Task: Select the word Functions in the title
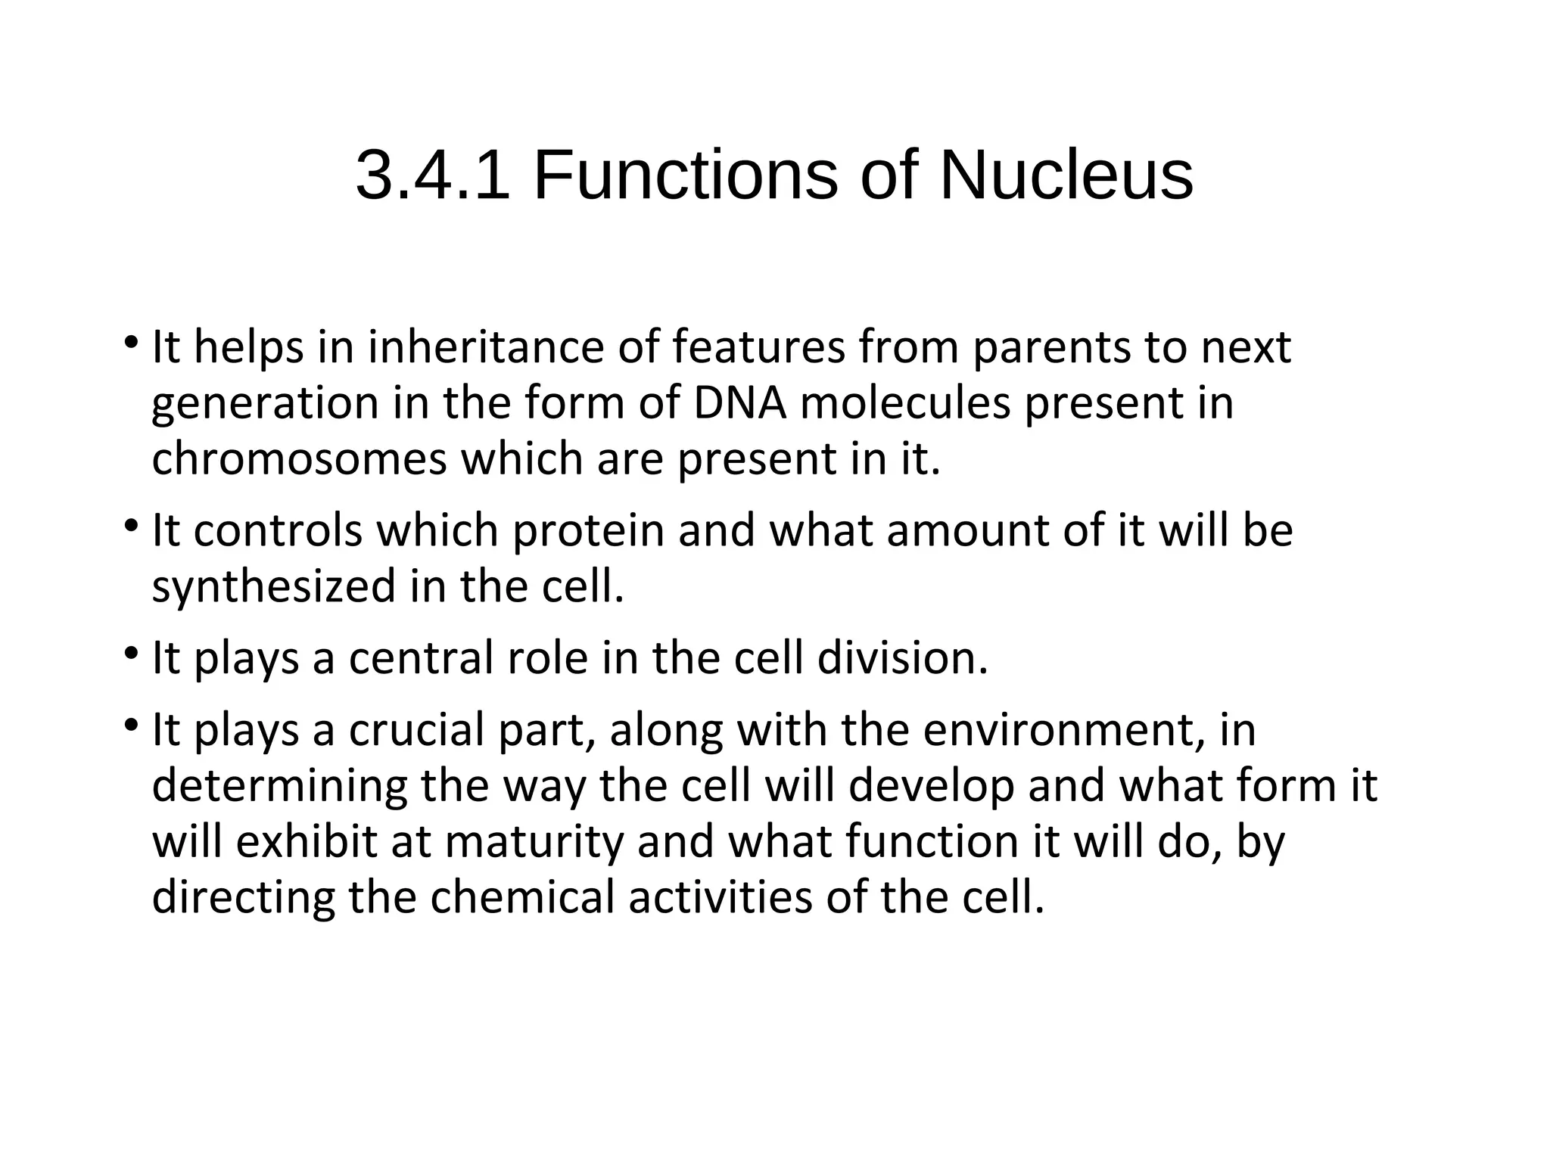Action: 686,176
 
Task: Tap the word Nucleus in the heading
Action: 1066,176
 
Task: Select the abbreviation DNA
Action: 739,402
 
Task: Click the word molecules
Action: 904,402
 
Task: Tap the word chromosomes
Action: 300,458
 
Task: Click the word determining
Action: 279,786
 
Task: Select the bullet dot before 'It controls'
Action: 131,524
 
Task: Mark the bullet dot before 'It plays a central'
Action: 131,651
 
